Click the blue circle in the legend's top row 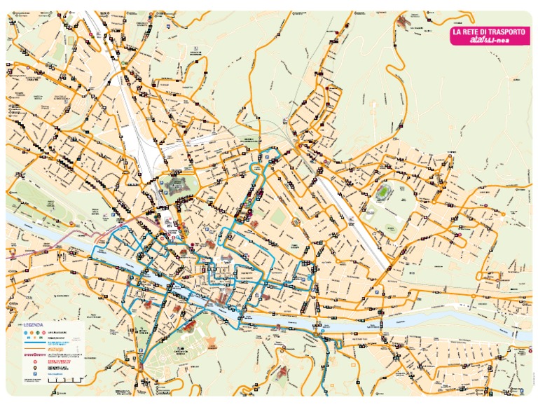click(x=25, y=333)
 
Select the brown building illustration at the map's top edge click(x=404, y=21)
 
